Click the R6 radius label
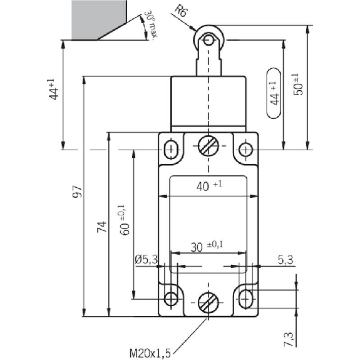(180, 11)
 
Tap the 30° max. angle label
(151, 25)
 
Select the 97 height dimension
(76, 191)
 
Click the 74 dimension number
(101, 227)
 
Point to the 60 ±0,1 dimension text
(124, 220)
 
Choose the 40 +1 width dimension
(209, 186)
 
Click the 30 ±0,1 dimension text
(207, 246)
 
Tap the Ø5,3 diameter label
(147, 260)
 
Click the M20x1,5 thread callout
(150, 353)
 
